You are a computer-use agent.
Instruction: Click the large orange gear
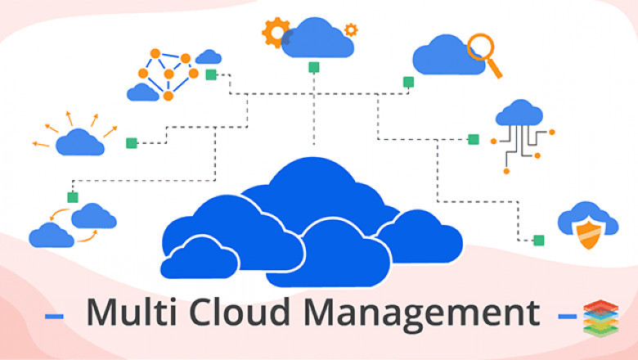click(275, 32)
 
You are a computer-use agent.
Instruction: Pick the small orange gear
click(351, 29)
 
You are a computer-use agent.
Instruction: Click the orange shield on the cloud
click(589, 234)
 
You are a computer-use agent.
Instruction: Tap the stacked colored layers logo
click(600, 318)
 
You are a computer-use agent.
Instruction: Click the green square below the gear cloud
click(314, 67)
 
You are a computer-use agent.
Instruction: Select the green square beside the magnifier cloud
click(408, 82)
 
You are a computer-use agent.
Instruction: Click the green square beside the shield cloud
click(539, 241)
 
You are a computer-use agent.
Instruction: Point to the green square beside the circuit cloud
click(474, 140)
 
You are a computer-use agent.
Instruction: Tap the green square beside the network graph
click(211, 74)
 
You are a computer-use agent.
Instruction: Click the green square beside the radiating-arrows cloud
click(132, 143)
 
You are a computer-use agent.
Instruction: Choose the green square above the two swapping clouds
click(73, 198)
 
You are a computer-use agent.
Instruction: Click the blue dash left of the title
click(54, 316)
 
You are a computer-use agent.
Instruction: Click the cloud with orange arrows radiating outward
click(80, 142)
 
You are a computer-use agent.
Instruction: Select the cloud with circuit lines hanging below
click(519, 113)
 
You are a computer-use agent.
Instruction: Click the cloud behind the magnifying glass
click(447, 55)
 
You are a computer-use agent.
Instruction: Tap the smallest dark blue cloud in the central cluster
click(200, 258)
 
